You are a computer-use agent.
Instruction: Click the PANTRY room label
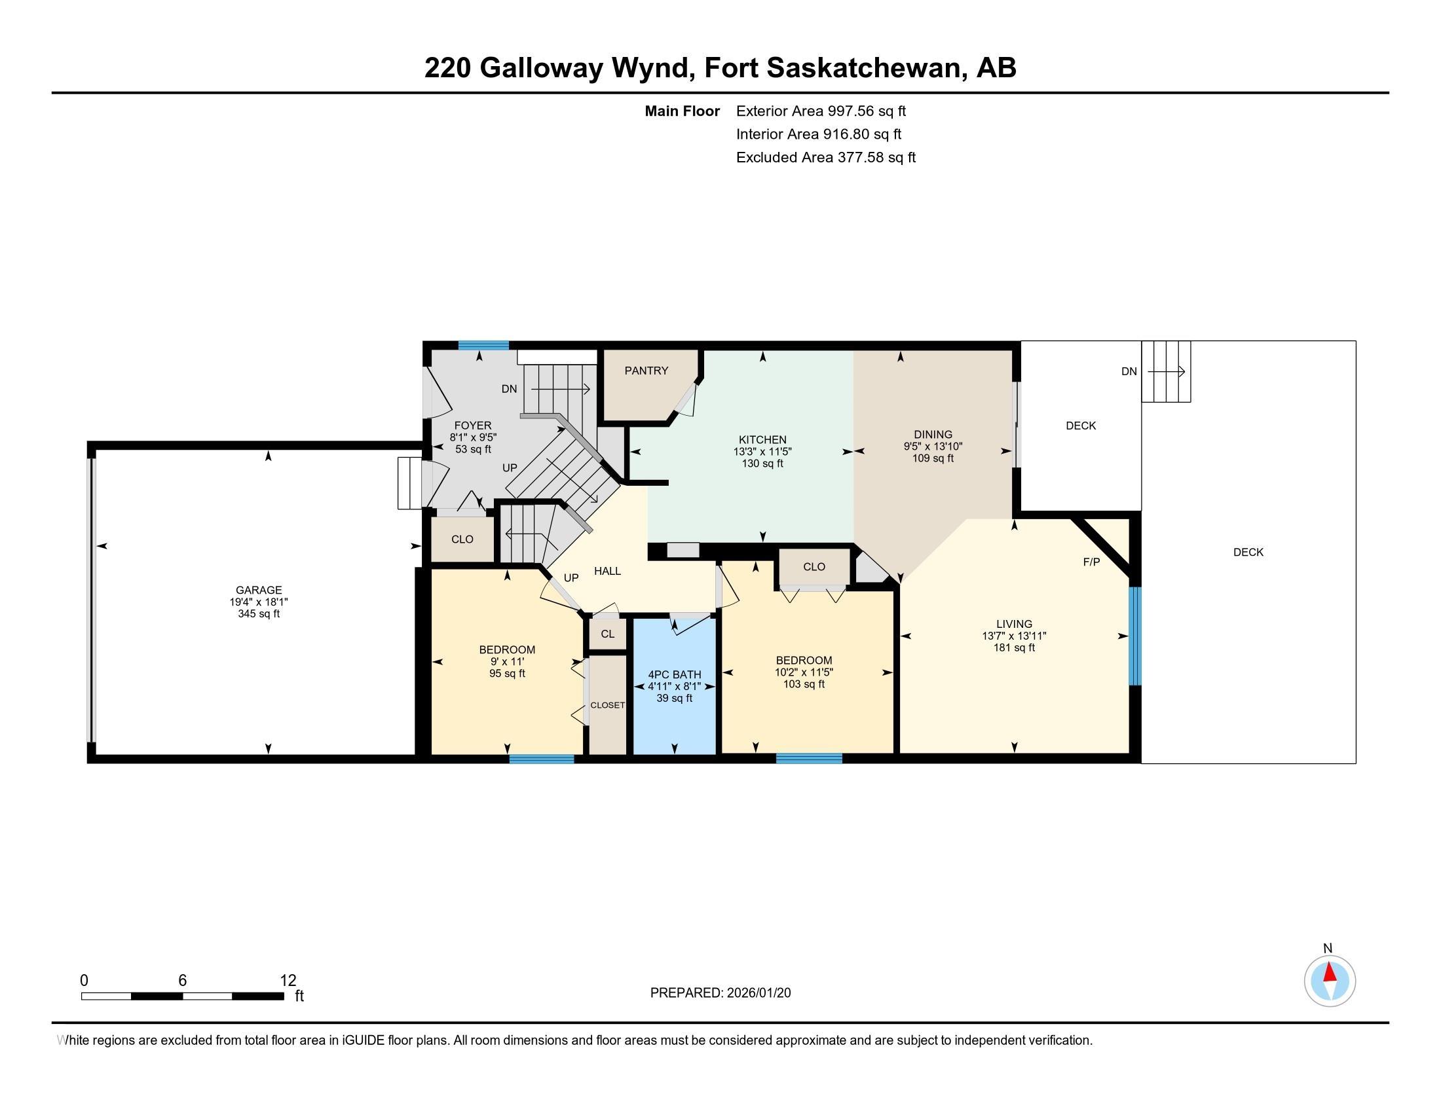tap(646, 371)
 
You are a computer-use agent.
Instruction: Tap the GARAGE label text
tap(259, 590)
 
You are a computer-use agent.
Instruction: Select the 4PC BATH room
tap(673, 685)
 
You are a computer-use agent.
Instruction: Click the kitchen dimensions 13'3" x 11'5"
tap(762, 452)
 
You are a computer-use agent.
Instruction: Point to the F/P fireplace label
tap(1091, 562)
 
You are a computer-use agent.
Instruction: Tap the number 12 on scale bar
tap(288, 981)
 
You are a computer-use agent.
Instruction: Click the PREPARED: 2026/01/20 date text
tap(720, 993)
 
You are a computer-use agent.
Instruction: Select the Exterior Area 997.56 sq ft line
tap(820, 111)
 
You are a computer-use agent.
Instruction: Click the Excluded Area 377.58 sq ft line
tap(825, 157)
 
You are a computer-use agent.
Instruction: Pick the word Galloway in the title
tap(540, 67)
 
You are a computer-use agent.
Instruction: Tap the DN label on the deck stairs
tap(1129, 371)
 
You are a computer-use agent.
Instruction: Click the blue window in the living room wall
tap(1134, 636)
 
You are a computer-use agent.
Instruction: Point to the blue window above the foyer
tap(483, 345)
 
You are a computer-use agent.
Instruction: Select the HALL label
tap(607, 571)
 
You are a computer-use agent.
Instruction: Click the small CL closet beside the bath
tap(607, 634)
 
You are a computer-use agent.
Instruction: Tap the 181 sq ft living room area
tap(1013, 648)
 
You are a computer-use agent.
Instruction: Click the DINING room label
tap(932, 435)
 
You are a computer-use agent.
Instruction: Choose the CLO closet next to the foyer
tap(462, 539)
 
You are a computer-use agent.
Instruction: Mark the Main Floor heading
tap(682, 111)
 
